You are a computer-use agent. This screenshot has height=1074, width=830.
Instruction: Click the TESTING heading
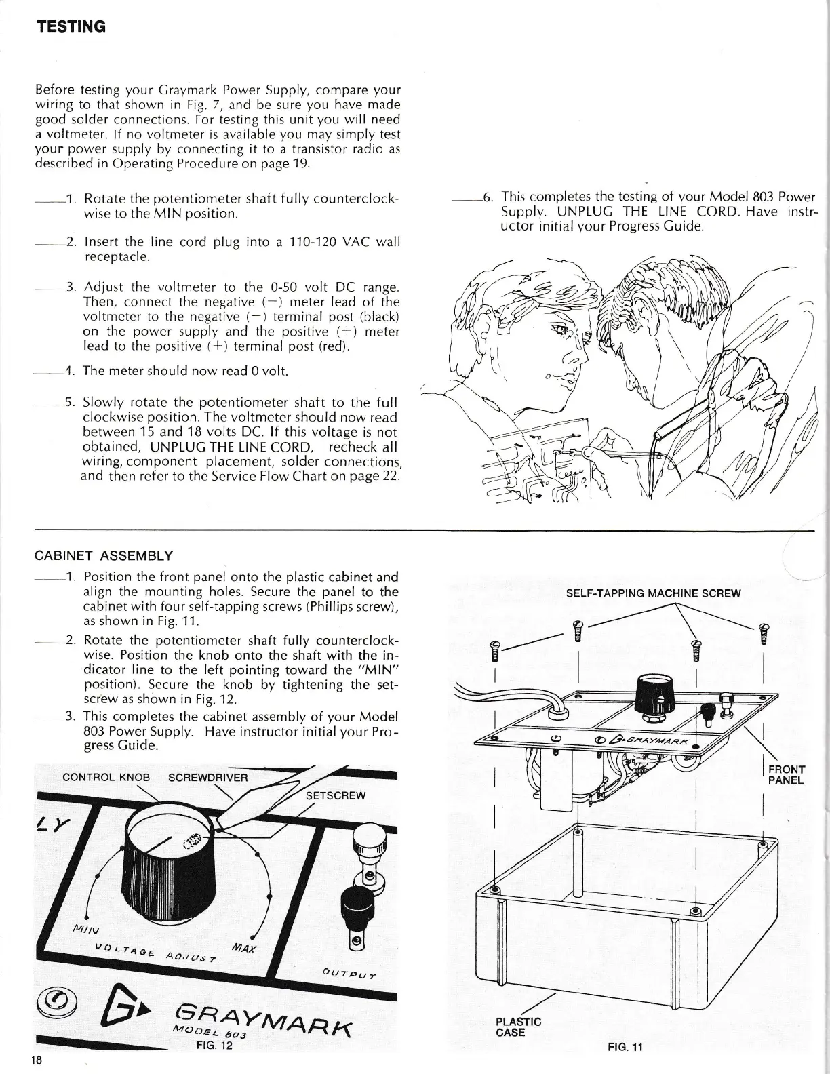pos(71,26)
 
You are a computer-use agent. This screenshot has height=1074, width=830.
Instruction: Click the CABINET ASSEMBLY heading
pos(103,556)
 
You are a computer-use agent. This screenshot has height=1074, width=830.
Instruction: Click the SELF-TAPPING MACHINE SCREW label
pos(653,593)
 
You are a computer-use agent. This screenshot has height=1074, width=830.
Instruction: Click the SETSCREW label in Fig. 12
pos(336,795)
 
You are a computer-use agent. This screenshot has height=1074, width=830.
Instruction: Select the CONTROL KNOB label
pos(106,776)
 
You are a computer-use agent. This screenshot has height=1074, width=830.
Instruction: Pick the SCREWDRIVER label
pos(208,776)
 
